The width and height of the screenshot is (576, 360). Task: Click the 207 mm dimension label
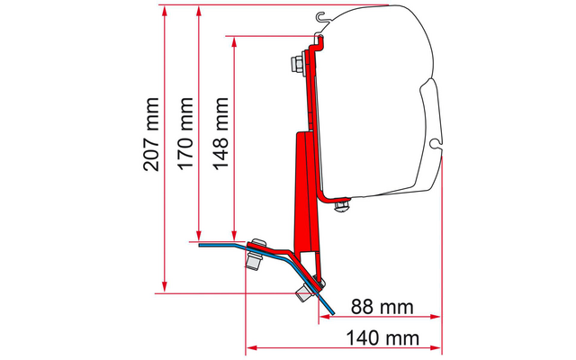pyautogui.click(x=151, y=134)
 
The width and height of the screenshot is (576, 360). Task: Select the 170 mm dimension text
pyautogui.click(x=185, y=133)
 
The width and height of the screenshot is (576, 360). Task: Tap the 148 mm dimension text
pyautogui.click(x=220, y=133)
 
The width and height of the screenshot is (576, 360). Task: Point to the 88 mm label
pyautogui.click(x=382, y=307)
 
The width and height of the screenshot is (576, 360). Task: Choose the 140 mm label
pyautogui.click(x=382, y=338)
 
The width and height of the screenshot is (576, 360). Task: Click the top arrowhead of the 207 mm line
pyautogui.click(x=164, y=11)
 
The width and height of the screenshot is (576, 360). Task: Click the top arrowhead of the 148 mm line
pyautogui.click(x=234, y=42)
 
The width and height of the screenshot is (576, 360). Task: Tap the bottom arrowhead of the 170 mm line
pyautogui.click(x=199, y=236)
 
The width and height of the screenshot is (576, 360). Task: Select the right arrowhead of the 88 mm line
pyautogui.click(x=436, y=317)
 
